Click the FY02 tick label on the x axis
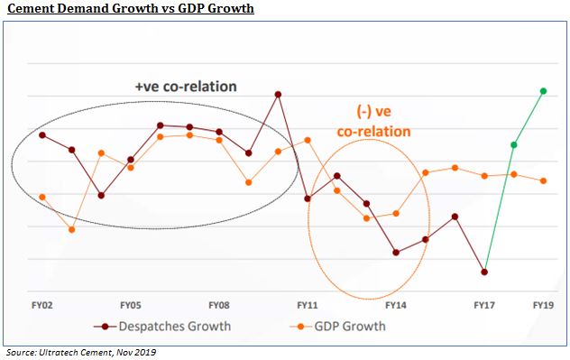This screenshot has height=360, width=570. click(x=42, y=305)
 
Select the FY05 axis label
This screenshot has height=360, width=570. click(x=131, y=305)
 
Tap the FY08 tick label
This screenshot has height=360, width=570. click(x=219, y=305)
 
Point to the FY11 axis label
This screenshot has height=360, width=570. click(x=308, y=305)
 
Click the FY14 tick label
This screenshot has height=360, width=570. click(x=396, y=305)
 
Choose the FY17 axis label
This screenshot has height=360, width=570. click(x=484, y=305)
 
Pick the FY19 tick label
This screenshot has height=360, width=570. click(x=544, y=305)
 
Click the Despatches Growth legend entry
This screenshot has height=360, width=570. click(x=162, y=327)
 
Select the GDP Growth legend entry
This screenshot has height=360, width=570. click(x=337, y=327)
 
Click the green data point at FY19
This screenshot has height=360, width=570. click(x=544, y=91)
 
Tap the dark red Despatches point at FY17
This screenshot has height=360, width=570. click(x=484, y=272)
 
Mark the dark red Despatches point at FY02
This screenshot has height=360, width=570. click(x=42, y=135)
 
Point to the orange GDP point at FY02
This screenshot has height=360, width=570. click(x=42, y=197)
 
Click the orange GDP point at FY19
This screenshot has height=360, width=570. click(x=544, y=180)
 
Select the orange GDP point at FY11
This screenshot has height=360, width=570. click(x=308, y=140)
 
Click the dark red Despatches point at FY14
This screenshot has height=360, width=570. click(x=396, y=253)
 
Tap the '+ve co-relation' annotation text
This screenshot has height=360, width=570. click(x=186, y=87)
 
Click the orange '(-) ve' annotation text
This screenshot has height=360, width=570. click(x=373, y=111)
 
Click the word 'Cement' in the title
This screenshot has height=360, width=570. click(x=31, y=8)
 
